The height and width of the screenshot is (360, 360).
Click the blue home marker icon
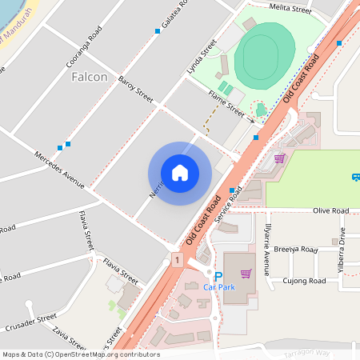coord(180,173)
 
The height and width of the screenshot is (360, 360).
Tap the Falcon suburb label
coord(89,77)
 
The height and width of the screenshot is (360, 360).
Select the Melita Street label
coord(290,9)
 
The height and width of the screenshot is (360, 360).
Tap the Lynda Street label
coord(202,58)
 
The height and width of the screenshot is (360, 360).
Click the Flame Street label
coord(226,102)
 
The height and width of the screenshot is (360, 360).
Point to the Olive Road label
coord(330,210)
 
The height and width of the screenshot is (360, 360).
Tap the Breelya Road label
coord(296,250)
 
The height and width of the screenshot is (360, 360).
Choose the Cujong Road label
coord(306,281)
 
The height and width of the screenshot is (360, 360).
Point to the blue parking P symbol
coord(218,276)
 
